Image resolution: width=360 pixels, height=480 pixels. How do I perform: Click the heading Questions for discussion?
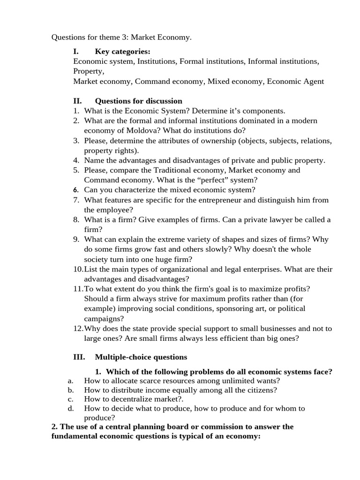point(138,101)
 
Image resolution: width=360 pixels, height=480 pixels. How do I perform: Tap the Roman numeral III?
point(79,357)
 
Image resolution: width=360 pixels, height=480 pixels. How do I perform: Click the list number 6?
point(76,190)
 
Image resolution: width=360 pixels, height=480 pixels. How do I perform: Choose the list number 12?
point(78,328)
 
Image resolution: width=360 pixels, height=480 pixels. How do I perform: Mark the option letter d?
point(70,408)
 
